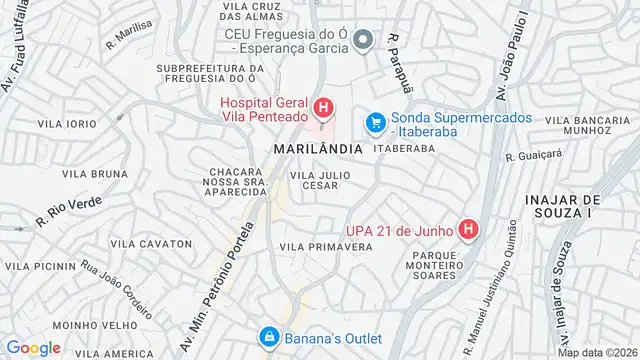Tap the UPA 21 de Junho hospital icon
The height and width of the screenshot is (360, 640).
click(x=468, y=230)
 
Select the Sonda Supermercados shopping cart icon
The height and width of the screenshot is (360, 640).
click(x=376, y=122)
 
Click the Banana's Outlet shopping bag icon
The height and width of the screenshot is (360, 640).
click(x=268, y=337)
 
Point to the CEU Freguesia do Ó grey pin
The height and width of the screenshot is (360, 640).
click(x=365, y=40)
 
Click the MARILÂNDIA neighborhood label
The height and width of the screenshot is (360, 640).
click(x=313, y=148)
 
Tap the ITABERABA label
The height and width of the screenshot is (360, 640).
click(x=404, y=148)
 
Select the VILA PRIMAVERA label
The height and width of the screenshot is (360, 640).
click(x=319, y=246)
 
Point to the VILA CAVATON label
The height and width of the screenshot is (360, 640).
click(x=152, y=244)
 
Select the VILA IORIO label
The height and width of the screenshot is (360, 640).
click(x=67, y=123)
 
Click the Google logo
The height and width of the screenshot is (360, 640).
click(x=34, y=347)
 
